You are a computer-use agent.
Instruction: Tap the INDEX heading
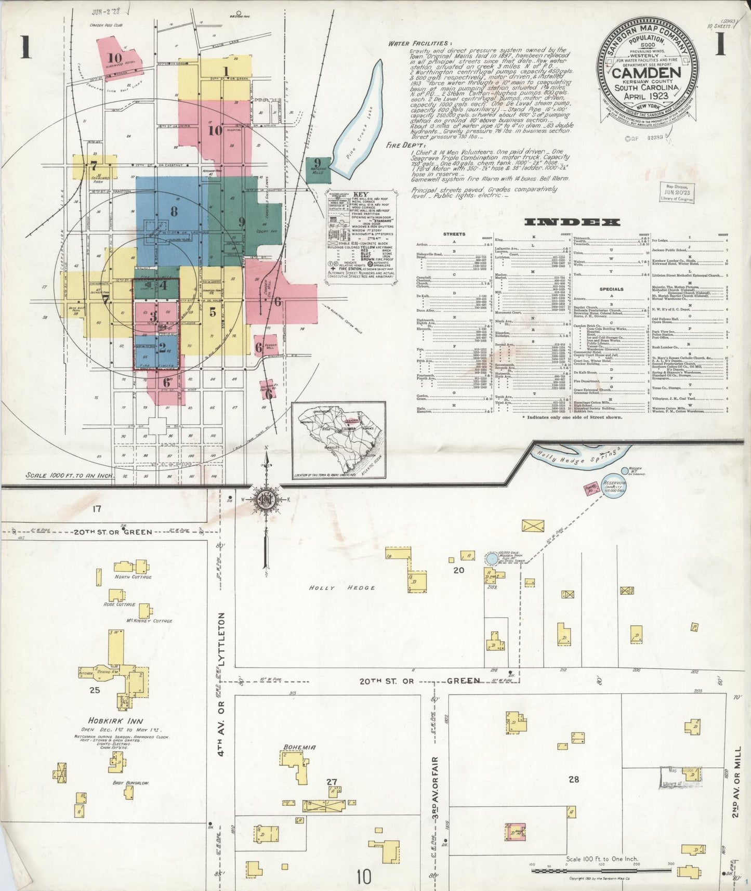pyautogui.click(x=572, y=222)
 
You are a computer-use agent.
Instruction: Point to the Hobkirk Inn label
pyautogui.click(x=123, y=721)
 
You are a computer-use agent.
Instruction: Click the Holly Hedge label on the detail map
pyautogui.click(x=342, y=588)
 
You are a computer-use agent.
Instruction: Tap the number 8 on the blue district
pyautogui.click(x=174, y=211)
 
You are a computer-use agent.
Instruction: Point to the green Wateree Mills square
pyautogui.click(x=318, y=169)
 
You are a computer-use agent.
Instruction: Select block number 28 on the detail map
pyautogui.click(x=573, y=779)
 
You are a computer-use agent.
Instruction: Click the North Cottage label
pyautogui.click(x=133, y=577)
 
